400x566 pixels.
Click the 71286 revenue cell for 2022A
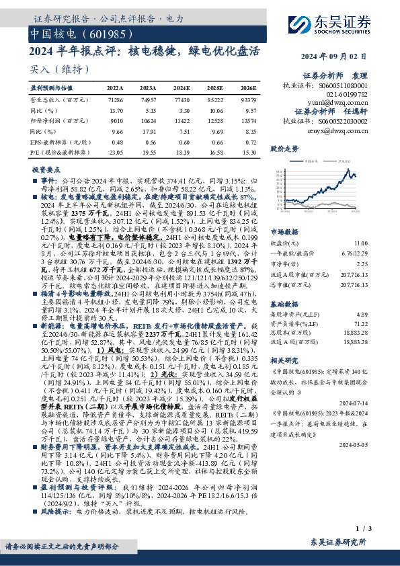pyautogui.click(x=115, y=99)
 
